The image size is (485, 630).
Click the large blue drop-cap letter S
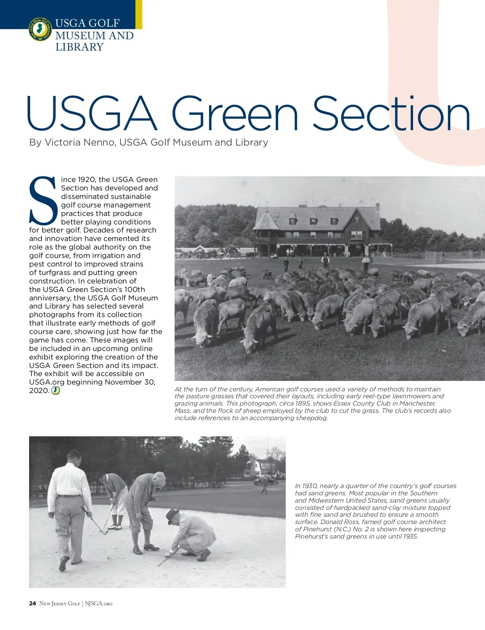tap(43, 200)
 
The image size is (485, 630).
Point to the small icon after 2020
tap(56, 391)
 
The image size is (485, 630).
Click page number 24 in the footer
tap(32, 604)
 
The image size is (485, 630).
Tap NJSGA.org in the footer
tap(99, 604)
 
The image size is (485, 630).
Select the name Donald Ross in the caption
tap(340, 522)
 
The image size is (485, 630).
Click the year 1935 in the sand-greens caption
tap(410, 537)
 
